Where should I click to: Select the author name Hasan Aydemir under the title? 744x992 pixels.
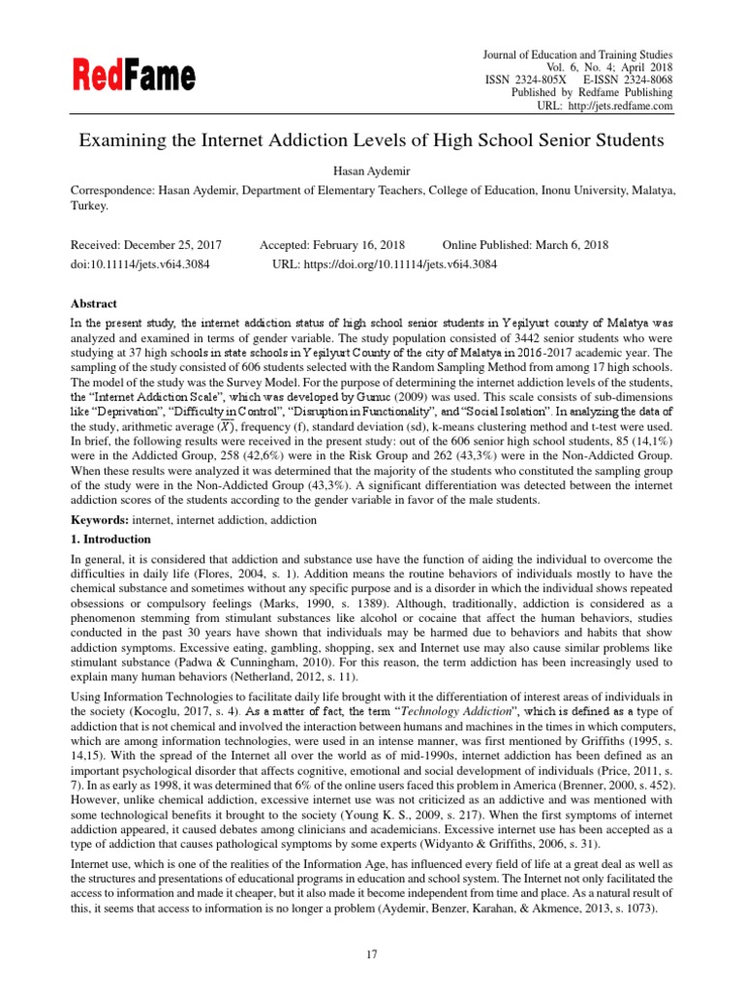tap(371, 170)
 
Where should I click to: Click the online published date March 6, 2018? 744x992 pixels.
tap(566, 245)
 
